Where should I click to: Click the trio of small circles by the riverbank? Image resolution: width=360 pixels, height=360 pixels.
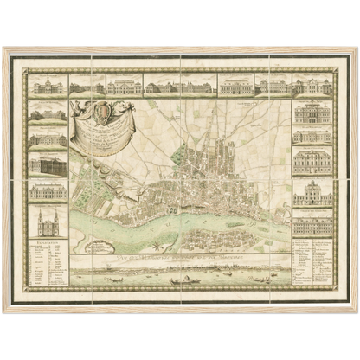pyautogui.click(x=172, y=209)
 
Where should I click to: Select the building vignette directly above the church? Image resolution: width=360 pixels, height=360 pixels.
pyautogui.click(x=48, y=192)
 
